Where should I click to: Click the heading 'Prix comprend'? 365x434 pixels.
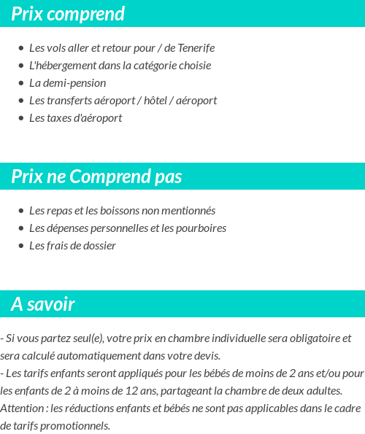68,14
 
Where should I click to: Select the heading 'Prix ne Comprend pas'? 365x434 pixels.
96,177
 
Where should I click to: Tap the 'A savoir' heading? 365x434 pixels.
42,304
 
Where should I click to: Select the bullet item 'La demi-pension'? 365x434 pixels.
67,83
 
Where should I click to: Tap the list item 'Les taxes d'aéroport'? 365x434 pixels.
75,118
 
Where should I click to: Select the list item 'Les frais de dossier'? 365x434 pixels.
72,246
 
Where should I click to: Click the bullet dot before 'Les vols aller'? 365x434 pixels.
20,48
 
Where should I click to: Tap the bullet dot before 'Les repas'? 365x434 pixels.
20,211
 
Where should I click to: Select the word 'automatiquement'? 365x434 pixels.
93,356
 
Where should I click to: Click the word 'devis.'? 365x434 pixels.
207,356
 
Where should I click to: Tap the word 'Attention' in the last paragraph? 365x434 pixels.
21,408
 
